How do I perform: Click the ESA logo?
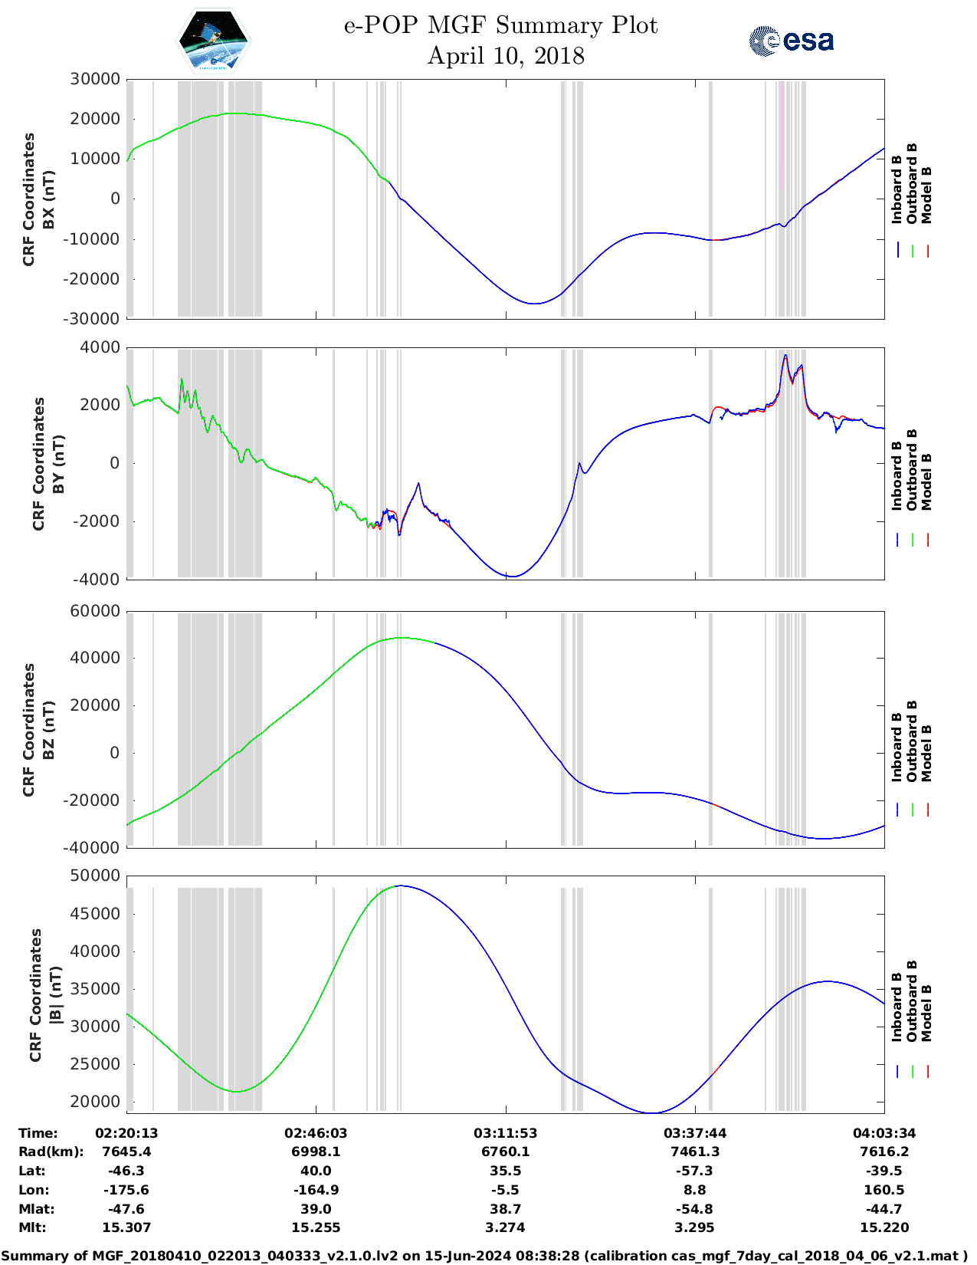coord(791,41)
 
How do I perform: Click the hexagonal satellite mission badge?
coord(214,41)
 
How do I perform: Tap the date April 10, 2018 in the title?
coord(506,56)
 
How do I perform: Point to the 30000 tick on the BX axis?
coord(95,79)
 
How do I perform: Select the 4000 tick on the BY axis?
coord(100,347)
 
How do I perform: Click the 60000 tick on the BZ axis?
coord(95,611)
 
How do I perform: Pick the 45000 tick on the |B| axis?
coord(95,913)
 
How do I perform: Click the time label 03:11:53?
coord(505,1133)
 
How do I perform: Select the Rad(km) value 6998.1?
coord(316,1152)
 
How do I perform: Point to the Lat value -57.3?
coord(694,1171)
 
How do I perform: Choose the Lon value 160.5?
coord(884,1190)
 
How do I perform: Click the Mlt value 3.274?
coord(505,1227)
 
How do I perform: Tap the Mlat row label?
coord(36,1209)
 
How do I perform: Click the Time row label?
coord(38,1133)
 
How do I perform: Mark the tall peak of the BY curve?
coord(785,356)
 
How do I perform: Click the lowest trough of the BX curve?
coord(534,304)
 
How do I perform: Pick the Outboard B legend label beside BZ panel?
coord(912,741)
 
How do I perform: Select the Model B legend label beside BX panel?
coord(926,195)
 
